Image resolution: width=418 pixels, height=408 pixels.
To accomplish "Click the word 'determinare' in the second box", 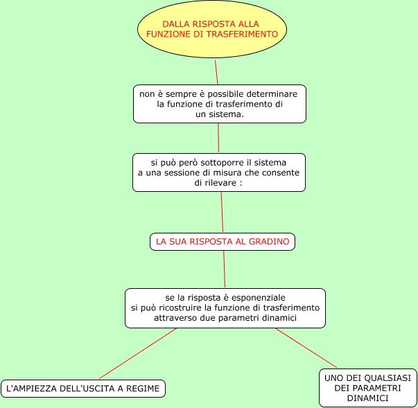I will pyautogui.click(x=273, y=94).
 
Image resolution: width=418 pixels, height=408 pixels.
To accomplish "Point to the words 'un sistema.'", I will pyautogui.click(x=220, y=114).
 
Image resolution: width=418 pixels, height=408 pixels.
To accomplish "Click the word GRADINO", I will pyautogui.click(x=272, y=242).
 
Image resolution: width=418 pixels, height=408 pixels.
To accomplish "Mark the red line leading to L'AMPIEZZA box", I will pyautogui.click(x=138, y=353).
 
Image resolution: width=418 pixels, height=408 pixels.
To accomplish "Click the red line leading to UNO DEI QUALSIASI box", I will pyautogui.click(x=306, y=348).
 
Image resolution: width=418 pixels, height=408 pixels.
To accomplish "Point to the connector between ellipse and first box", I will pyautogui.click(x=216, y=72).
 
